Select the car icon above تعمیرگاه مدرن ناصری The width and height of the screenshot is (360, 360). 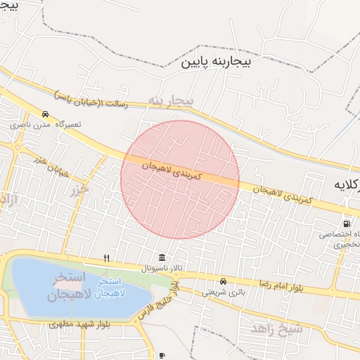45,114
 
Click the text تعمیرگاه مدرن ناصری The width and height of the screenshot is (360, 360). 46,124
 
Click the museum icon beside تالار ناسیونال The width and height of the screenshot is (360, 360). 162,257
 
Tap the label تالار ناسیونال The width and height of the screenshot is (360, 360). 162,269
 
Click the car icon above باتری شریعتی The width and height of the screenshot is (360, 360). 224,280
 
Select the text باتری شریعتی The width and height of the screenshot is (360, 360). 224,290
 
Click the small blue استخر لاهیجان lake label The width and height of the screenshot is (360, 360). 103,292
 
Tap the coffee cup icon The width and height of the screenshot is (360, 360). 162,356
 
